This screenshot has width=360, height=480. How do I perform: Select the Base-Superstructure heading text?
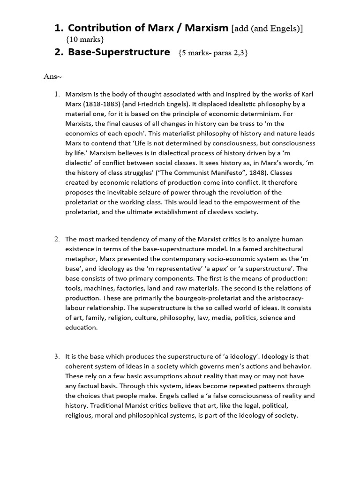[119, 52]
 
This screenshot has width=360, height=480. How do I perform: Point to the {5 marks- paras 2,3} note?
[213, 53]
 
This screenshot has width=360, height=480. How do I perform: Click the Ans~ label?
[52, 76]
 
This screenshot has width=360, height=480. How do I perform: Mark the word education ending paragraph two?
[81, 327]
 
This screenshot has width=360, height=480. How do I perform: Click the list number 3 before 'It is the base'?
[57, 357]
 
